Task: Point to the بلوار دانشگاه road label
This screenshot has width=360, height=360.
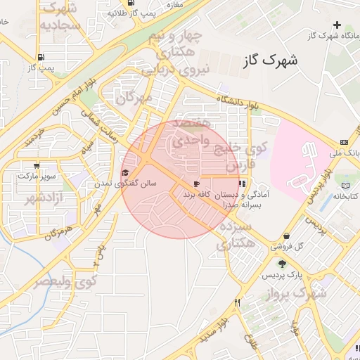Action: click(243, 103)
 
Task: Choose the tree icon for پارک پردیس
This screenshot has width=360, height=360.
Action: click(282, 264)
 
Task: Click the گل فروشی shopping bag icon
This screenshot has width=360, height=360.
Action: click(286, 236)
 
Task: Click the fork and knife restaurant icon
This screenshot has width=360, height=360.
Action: click(238, 304)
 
